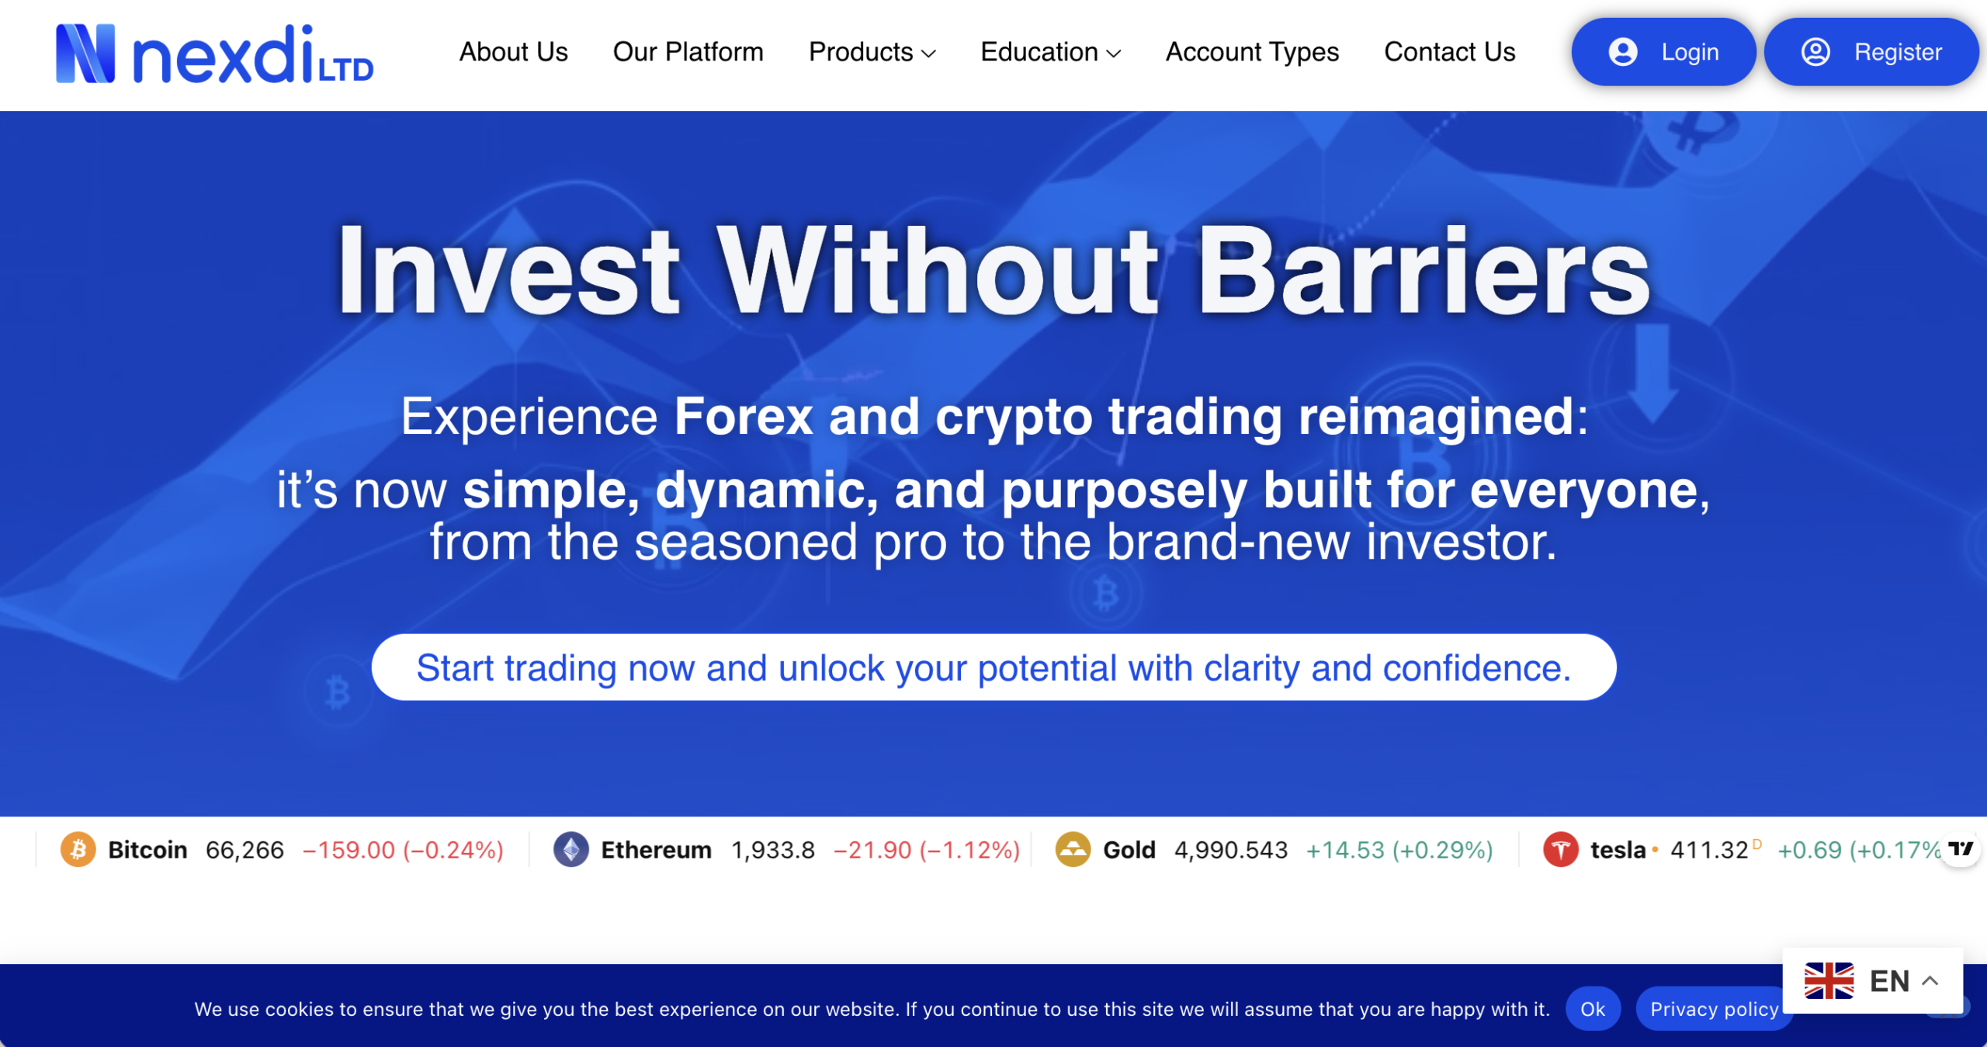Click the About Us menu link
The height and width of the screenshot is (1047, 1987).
(513, 52)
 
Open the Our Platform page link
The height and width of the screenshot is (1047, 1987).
(688, 52)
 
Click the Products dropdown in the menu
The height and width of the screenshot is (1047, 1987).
(872, 52)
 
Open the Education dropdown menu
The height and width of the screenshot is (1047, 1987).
(1050, 52)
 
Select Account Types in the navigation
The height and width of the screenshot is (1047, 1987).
(1252, 52)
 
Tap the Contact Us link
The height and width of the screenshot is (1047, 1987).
(1449, 52)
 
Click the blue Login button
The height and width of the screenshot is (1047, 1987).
(1663, 52)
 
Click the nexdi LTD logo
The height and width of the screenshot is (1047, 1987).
(214, 54)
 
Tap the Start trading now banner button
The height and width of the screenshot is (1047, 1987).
(993, 667)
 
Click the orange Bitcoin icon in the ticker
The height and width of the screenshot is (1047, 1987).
(78, 849)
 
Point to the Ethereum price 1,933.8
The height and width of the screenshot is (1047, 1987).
(773, 850)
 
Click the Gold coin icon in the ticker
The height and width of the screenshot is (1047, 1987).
(1073, 849)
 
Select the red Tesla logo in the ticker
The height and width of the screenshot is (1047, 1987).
(1560, 849)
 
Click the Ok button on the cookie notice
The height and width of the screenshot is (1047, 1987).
(1592, 1008)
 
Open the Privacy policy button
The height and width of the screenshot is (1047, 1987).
(1713, 1008)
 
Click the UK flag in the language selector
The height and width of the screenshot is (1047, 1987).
(1829, 980)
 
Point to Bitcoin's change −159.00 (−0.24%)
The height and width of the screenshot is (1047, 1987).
(403, 850)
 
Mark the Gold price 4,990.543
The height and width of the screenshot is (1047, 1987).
(1230, 850)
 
